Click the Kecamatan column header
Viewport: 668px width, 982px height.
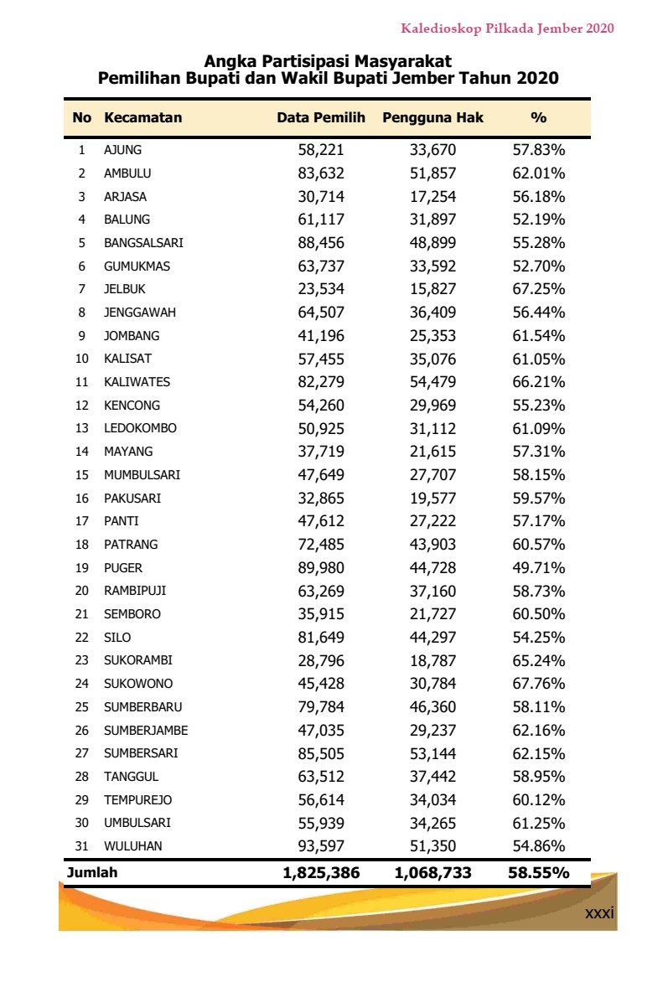click(142, 118)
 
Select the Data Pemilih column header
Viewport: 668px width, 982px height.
click(321, 118)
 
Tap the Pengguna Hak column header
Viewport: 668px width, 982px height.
click(432, 118)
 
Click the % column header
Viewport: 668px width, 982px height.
click(538, 118)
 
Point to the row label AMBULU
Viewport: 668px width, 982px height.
click(127, 174)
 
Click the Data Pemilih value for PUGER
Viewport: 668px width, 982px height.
click(321, 568)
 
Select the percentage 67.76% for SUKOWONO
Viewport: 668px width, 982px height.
click(538, 684)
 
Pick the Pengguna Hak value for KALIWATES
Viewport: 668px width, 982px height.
click(432, 382)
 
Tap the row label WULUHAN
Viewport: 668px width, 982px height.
click(133, 846)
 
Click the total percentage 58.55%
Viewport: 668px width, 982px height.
click(538, 873)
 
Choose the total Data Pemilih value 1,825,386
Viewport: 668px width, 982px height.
click(321, 873)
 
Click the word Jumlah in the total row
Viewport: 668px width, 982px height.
click(92, 873)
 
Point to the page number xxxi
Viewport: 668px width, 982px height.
click(599, 912)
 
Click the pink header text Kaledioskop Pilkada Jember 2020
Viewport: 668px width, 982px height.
click(507, 28)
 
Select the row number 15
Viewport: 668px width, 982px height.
click(81, 475)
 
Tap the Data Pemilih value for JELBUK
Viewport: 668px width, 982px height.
click(321, 290)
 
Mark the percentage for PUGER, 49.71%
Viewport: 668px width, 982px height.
click(538, 568)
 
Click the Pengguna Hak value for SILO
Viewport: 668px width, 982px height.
click(432, 638)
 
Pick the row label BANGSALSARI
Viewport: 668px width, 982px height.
click(143, 244)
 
